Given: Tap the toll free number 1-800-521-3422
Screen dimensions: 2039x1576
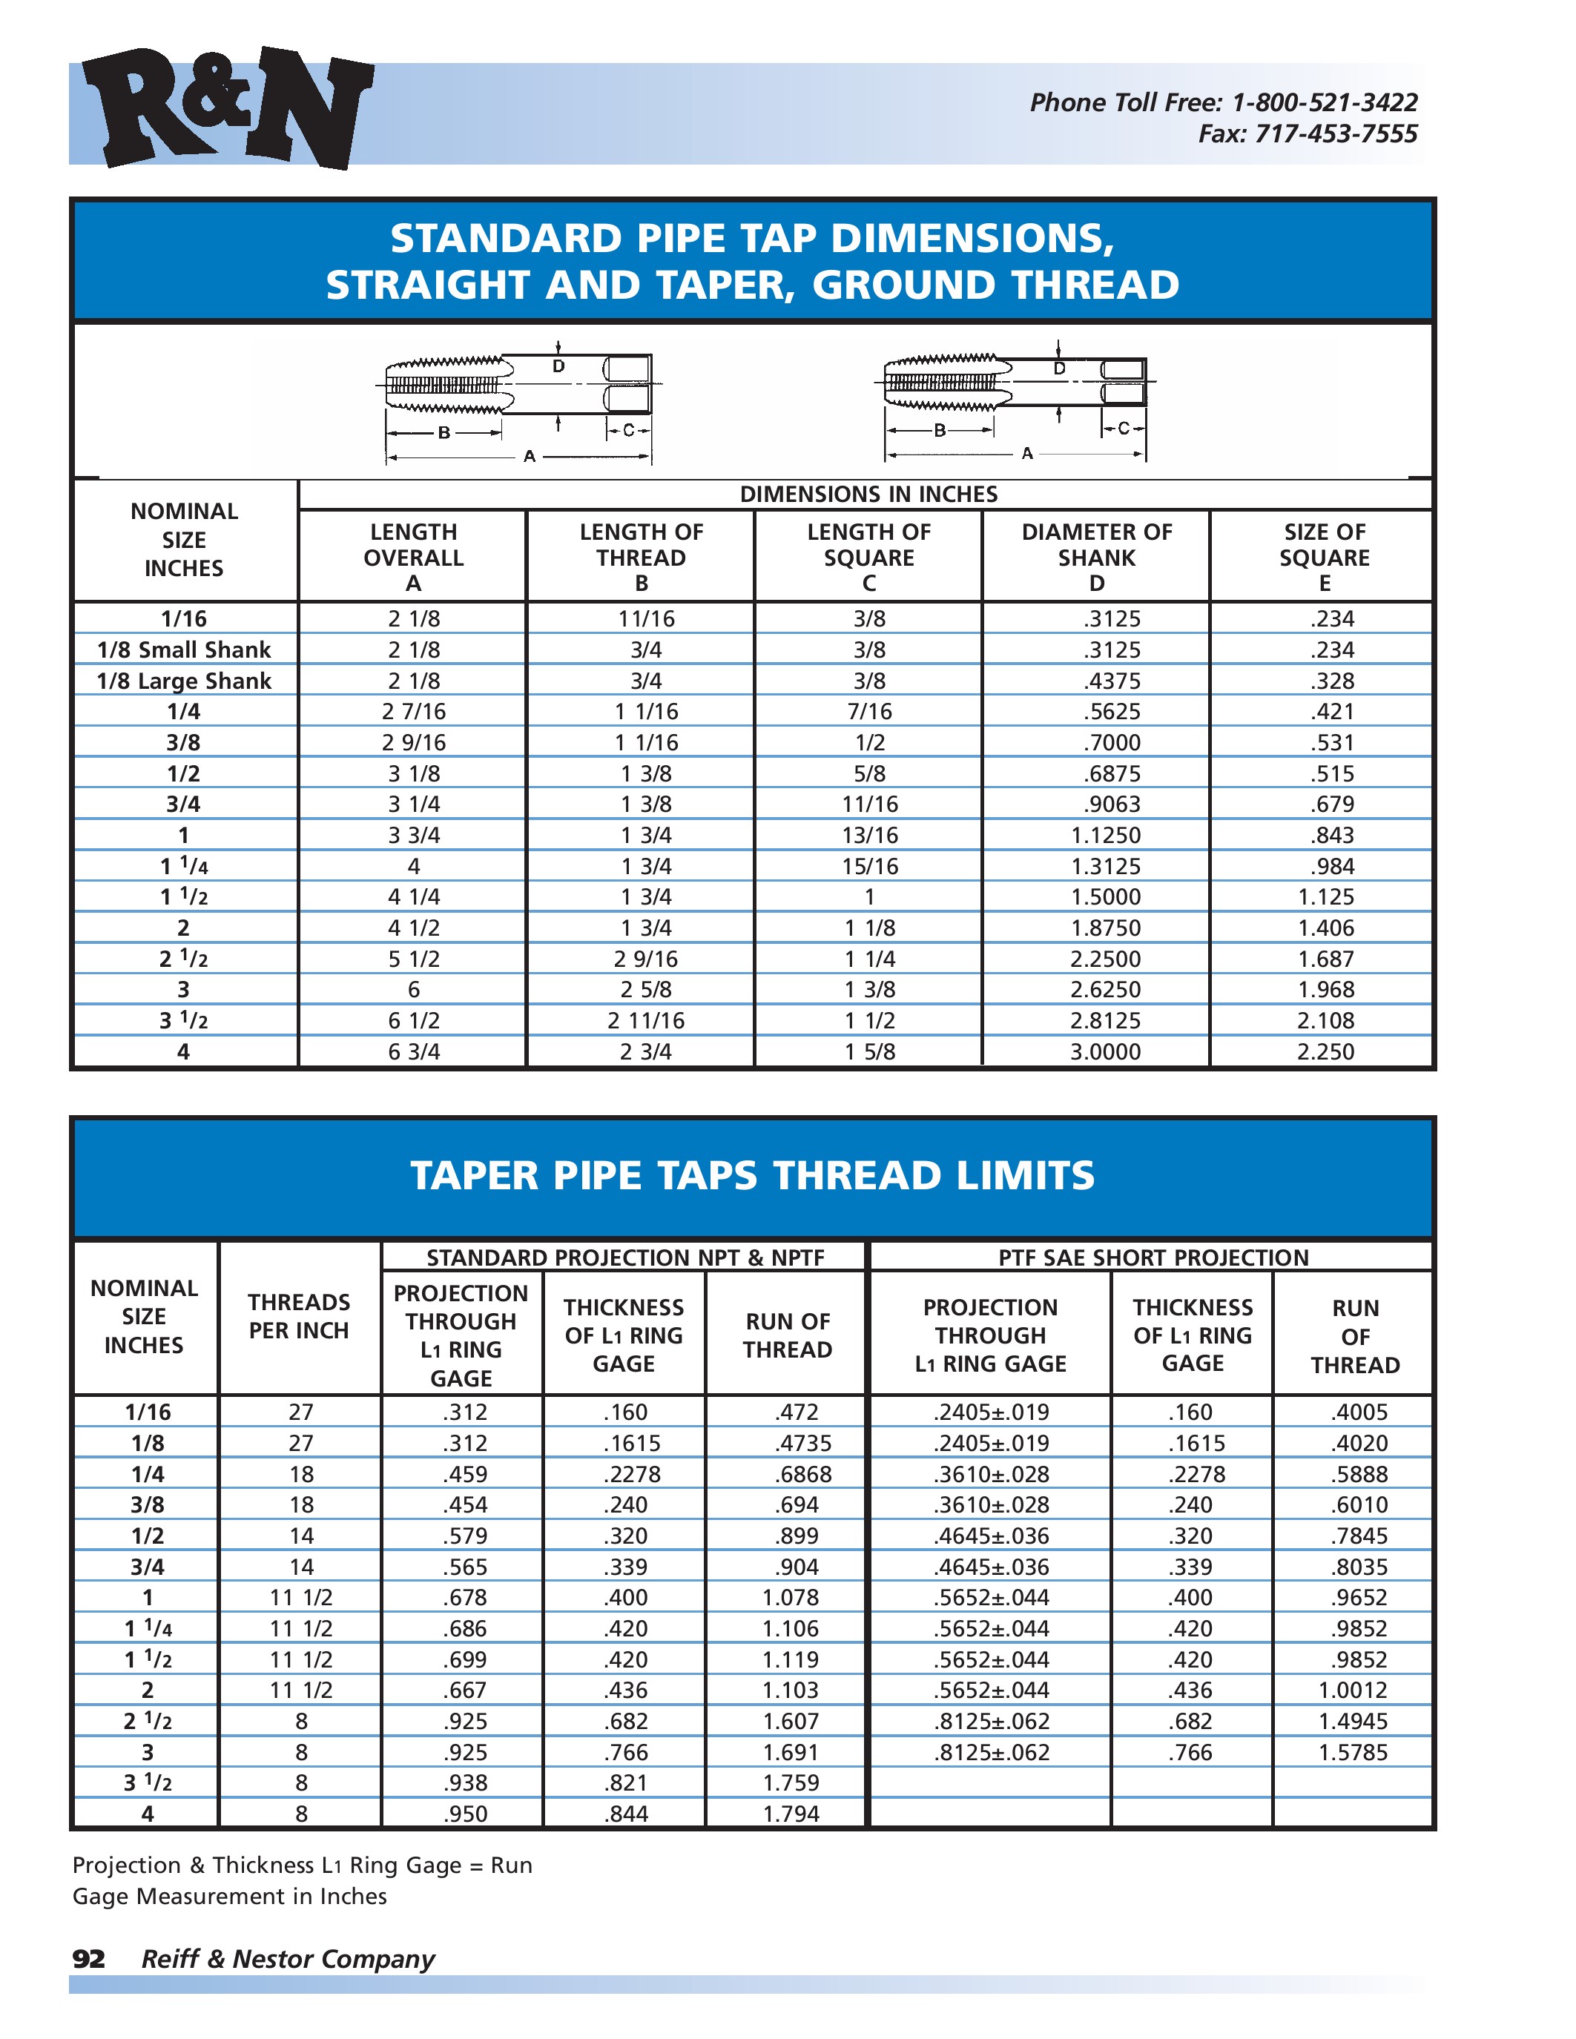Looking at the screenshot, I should click(x=1324, y=103).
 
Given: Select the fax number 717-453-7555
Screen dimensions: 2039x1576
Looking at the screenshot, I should click(x=1335, y=134).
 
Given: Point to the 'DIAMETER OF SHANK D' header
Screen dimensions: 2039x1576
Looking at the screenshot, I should click(x=1096, y=558).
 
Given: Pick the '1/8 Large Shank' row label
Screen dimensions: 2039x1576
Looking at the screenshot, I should click(x=184, y=681).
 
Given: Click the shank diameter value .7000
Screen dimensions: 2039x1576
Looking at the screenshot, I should click(x=1111, y=742).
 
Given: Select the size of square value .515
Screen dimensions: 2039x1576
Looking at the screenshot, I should click(x=1331, y=773).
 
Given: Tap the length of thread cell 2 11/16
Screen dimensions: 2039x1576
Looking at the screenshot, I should click(x=646, y=1020).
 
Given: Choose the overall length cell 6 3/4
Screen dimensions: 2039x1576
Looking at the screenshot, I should click(x=414, y=1051).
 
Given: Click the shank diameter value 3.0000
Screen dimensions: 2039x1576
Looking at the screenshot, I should click(x=1106, y=1051).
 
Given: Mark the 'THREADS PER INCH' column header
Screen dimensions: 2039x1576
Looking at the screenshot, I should click(x=299, y=1315).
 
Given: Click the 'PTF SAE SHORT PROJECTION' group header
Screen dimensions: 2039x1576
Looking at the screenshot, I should click(x=1153, y=1258).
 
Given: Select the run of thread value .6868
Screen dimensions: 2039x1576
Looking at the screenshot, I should click(x=803, y=1474).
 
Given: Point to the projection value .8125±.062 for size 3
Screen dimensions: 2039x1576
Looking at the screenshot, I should click(x=992, y=1752).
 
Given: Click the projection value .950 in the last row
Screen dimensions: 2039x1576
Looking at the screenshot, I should click(x=465, y=1814).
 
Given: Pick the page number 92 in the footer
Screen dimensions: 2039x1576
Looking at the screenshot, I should click(x=89, y=1959).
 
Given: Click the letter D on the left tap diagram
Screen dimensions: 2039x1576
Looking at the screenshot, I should click(x=558, y=367).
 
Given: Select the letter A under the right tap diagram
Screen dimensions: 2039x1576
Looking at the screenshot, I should click(x=1027, y=454).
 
